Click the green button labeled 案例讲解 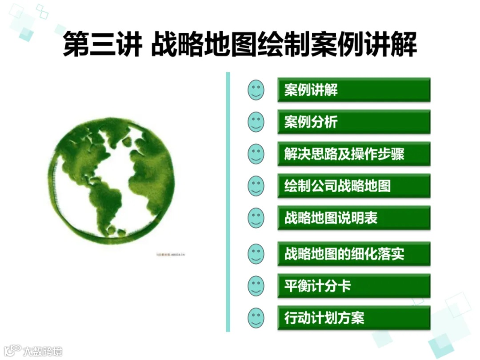[354, 90]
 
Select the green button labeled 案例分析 [354, 122]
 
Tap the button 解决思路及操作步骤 [354, 154]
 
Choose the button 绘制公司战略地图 [354, 186]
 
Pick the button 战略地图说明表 [354, 218]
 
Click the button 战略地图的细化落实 [354, 254]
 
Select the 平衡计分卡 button [354, 286]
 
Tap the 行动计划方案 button [354, 318]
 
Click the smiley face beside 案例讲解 [256, 90]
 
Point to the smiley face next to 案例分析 [256, 122]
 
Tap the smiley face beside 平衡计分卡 [256, 286]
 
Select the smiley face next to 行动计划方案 [256, 318]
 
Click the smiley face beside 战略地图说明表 [256, 218]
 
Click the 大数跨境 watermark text [43, 351]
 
